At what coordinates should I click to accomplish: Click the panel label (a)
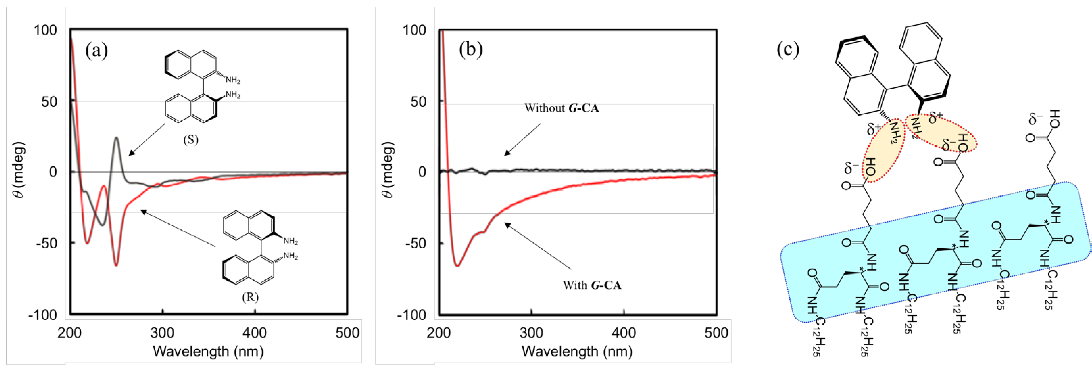click(97, 51)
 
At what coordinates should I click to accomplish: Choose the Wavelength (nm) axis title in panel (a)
click(208, 351)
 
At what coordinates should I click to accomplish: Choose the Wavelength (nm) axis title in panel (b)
click(577, 351)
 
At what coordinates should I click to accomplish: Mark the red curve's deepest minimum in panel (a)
click(116, 265)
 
